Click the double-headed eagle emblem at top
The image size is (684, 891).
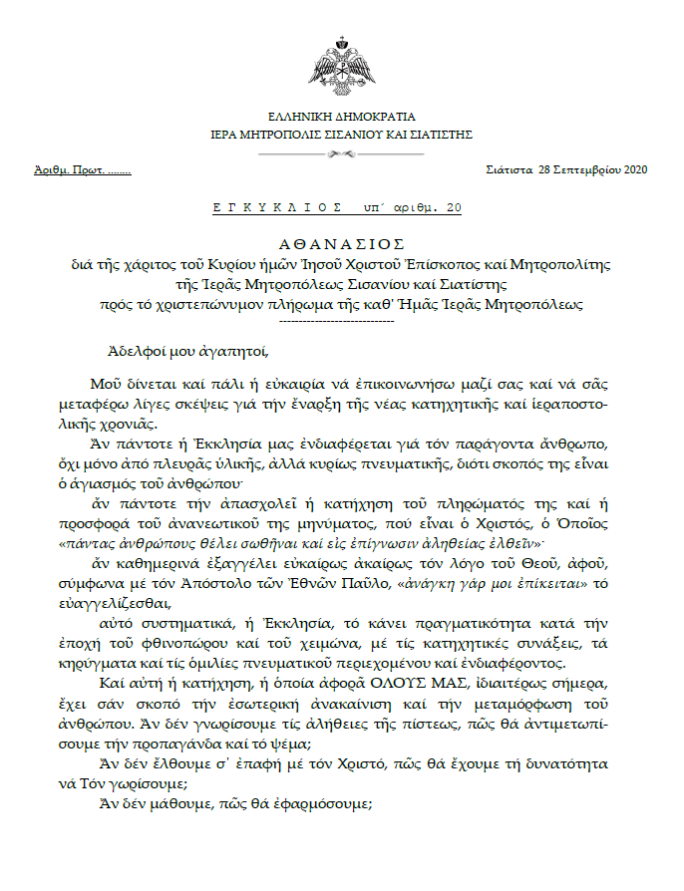click(342, 65)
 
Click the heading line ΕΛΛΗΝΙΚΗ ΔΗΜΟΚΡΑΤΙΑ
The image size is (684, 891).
click(342, 117)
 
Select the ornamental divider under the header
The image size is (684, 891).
click(341, 153)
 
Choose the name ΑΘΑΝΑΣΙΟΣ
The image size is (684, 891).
click(341, 243)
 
